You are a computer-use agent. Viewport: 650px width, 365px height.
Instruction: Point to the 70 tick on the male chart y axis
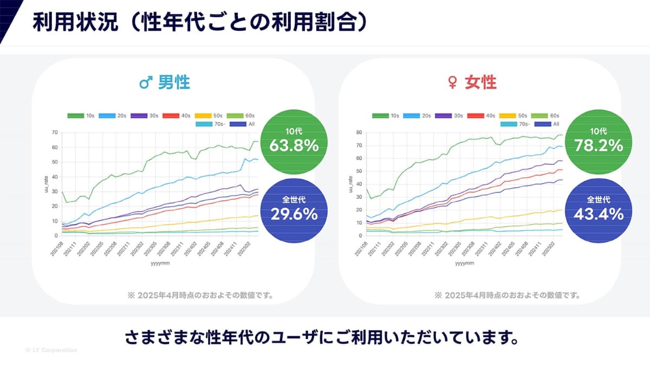click(55, 132)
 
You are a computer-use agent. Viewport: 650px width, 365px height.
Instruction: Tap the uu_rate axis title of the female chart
click(352, 184)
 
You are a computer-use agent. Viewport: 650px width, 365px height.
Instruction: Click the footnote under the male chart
click(200, 295)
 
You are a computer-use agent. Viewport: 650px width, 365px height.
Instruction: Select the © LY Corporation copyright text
click(51, 350)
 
